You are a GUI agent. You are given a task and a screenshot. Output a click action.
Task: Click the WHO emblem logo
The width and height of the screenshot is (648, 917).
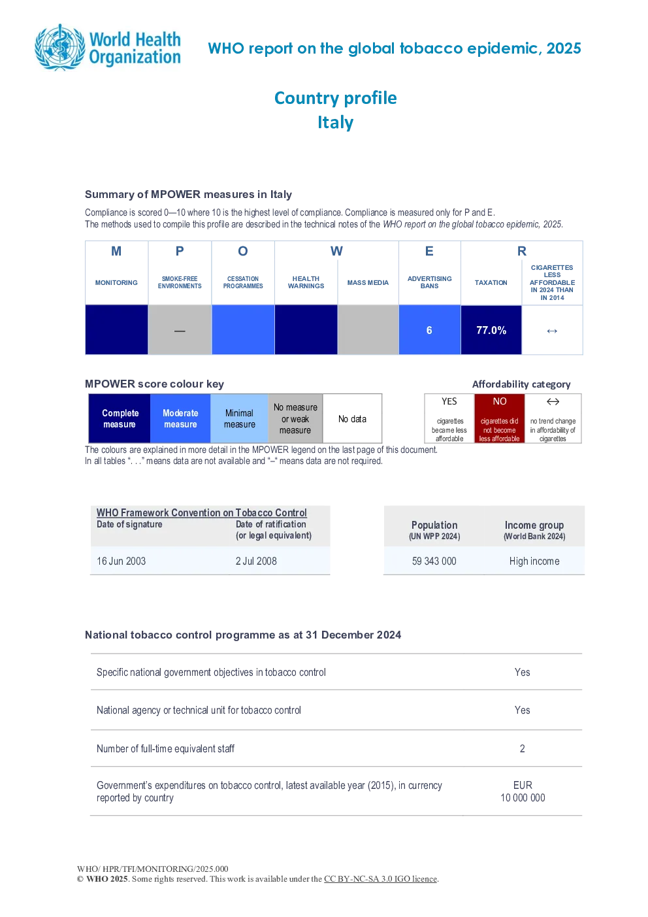[60, 47]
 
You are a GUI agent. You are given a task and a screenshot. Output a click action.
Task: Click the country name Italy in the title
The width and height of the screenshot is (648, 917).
[336, 122]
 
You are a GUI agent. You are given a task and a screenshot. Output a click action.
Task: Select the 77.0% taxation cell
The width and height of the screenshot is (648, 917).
[491, 329]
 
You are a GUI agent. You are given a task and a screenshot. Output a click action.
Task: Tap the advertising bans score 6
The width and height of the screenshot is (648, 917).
[429, 330]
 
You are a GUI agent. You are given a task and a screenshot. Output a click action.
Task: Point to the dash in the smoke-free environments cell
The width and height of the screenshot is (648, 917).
[180, 331]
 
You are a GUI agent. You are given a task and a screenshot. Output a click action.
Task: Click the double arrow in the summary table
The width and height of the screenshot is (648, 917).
[552, 331]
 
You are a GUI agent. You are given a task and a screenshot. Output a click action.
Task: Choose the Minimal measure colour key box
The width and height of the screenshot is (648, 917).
[239, 418]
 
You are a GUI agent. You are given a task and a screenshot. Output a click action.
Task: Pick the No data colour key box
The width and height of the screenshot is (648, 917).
[352, 418]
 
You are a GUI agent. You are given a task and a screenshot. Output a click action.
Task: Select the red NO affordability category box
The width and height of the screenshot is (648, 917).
[500, 418]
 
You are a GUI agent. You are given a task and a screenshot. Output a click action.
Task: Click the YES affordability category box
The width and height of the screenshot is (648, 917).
[449, 418]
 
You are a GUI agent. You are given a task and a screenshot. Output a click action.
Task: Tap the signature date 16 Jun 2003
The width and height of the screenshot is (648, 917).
[121, 561]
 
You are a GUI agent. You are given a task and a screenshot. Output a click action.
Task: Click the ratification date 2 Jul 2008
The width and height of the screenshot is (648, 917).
[256, 561]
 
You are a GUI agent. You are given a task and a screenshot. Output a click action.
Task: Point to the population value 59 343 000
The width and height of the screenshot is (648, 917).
[434, 561]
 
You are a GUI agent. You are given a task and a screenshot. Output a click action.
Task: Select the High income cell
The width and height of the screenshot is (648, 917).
[534, 561]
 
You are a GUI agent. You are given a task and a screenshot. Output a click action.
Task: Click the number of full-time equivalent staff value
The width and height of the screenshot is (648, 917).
[523, 748]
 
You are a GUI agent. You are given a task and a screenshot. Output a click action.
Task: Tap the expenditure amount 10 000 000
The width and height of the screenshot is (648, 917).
[523, 797]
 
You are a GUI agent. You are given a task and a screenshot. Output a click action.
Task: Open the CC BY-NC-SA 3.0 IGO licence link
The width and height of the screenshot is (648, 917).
[380, 878]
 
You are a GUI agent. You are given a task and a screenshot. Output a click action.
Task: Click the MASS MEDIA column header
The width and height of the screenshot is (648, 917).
[368, 282]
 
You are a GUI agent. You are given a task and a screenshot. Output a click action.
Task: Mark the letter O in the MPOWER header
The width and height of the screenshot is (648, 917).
[243, 251]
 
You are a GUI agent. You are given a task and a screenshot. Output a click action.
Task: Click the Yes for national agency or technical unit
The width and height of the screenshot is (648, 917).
[523, 710]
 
